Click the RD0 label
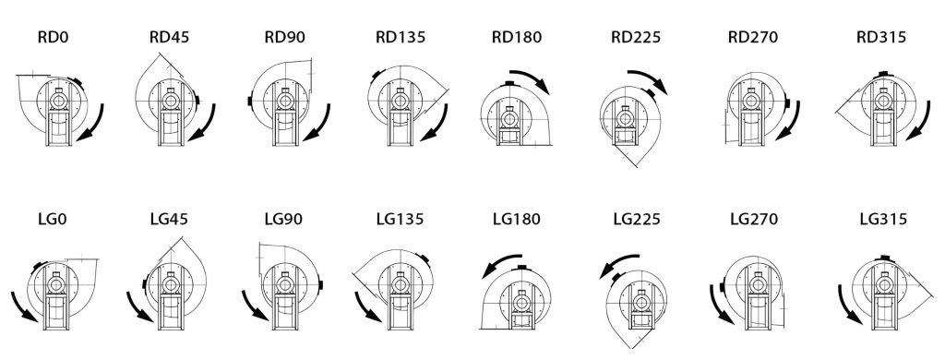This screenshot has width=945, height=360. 53,38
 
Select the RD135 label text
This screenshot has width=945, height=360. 401,38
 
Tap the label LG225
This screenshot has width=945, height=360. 637,219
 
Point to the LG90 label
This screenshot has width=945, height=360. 284,219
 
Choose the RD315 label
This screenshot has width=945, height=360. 881,38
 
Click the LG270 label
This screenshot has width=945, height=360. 753,219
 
